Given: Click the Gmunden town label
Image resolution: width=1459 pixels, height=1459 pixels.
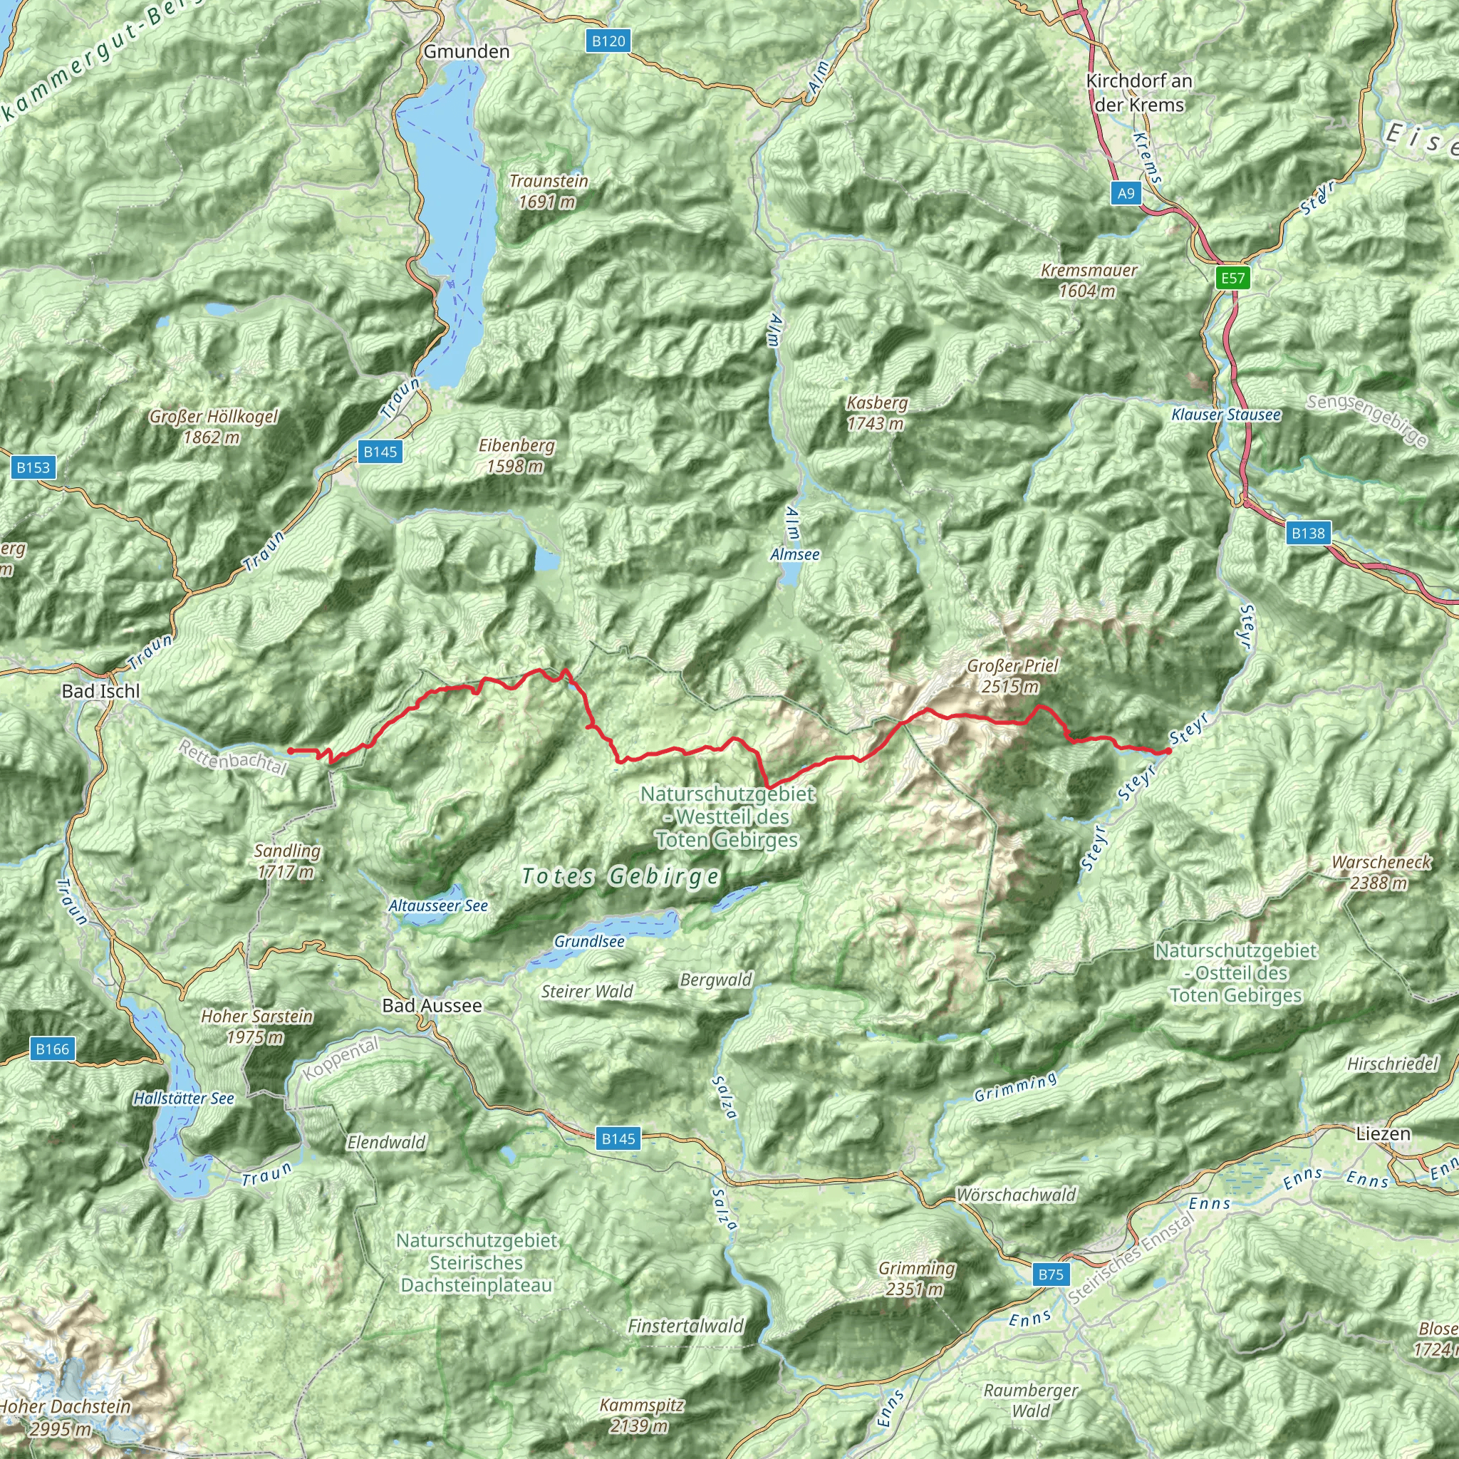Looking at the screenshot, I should click(x=467, y=51).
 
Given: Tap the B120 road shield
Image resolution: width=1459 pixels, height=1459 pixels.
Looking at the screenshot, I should click(x=608, y=41).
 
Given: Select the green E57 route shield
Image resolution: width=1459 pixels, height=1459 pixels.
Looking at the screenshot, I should click(x=1232, y=278).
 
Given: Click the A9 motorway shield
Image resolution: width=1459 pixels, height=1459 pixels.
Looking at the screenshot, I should click(x=1126, y=193).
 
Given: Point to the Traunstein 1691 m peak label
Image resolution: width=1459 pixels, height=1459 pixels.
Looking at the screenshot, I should click(x=549, y=191).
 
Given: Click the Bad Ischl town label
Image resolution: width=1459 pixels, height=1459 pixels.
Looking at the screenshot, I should click(x=100, y=691).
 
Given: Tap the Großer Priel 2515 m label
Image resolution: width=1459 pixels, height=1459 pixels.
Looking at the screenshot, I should click(x=1012, y=676).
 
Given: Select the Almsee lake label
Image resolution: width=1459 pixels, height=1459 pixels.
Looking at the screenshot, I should click(x=794, y=554).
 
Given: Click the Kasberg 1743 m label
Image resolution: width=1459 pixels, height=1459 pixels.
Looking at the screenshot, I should click(x=876, y=413).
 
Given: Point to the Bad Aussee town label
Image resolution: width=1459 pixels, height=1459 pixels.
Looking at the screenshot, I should click(x=432, y=1005).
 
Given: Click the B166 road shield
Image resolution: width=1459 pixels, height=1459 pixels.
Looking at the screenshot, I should click(x=52, y=1049).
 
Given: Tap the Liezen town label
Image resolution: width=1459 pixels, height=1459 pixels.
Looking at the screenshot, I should click(x=1383, y=1133).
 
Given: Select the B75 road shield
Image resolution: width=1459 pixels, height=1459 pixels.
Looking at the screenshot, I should click(x=1051, y=1274).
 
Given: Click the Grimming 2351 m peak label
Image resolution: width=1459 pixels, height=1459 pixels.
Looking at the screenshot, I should click(x=917, y=1279).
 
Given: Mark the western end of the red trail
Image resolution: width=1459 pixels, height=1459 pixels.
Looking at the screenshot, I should click(x=290, y=751).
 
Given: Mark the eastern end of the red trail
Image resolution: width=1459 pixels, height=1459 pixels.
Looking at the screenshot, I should click(x=1168, y=752).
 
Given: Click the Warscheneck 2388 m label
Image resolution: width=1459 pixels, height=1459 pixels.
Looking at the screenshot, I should click(x=1381, y=872).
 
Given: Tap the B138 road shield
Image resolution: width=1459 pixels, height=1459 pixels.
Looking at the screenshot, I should click(x=1308, y=533).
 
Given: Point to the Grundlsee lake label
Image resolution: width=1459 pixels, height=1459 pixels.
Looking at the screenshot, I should click(x=589, y=942).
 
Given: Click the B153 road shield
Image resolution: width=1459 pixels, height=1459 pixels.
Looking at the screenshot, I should click(x=33, y=467).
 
